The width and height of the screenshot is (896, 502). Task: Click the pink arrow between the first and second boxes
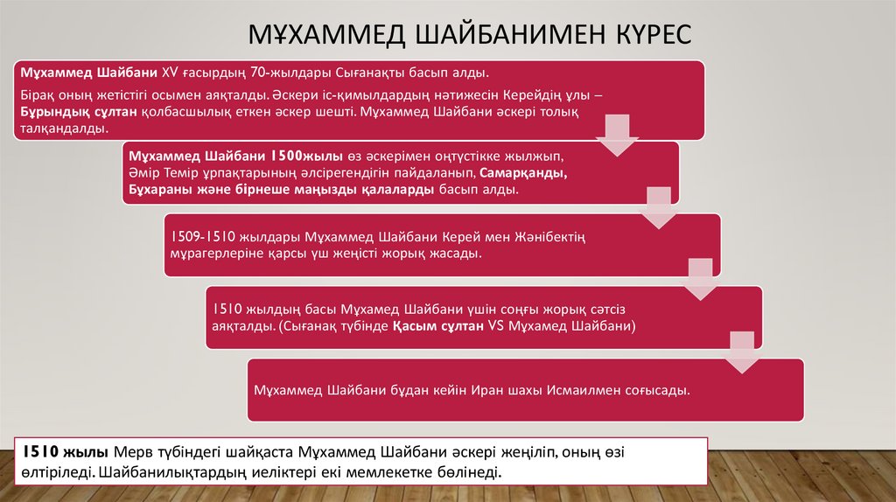(x=618, y=137)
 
